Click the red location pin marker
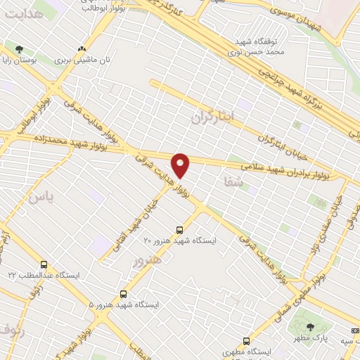coord(181,165)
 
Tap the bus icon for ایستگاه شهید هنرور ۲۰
coord(180,229)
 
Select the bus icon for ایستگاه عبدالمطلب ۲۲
coord(44,265)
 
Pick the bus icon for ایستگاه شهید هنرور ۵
coord(124,294)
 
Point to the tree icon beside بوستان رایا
coord(18,49)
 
